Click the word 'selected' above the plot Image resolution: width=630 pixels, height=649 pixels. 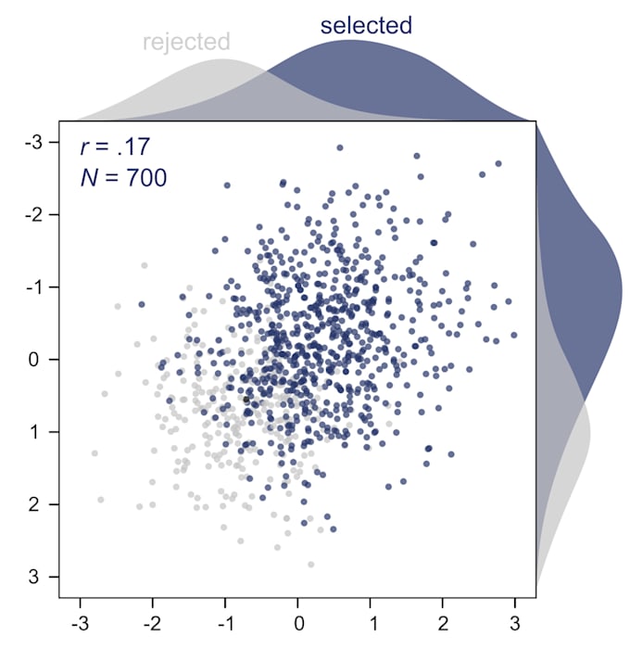[x=366, y=25]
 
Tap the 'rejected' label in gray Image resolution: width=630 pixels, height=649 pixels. [x=186, y=42]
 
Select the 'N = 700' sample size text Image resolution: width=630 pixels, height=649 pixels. [x=123, y=177]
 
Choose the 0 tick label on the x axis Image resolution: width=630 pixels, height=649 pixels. [x=298, y=618]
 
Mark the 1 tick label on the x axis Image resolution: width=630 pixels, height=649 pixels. [x=371, y=618]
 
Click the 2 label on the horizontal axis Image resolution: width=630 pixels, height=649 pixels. [x=443, y=618]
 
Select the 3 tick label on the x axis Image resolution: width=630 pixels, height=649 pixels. [x=515, y=618]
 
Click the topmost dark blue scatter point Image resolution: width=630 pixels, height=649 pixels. [x=340, y=147]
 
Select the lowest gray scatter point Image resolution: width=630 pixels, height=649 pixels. [x=310, y=564]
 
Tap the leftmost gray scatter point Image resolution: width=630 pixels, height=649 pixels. [x=94, y=453]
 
